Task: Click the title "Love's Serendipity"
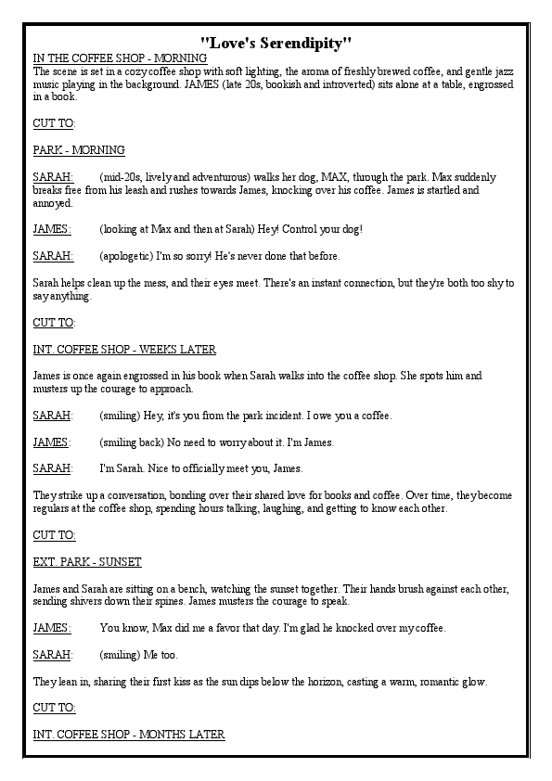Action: tap(276, 43)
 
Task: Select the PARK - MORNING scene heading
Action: tap(79, 150)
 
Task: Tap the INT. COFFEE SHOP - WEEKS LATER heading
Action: tap(124, 350)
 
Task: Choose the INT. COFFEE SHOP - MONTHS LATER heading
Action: tap(129, 735)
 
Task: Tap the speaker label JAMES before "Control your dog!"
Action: tap(52, 229)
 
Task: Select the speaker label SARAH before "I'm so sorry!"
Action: tap(52, 256)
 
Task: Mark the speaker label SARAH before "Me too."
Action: tap(52, 655)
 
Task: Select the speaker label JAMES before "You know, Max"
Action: tap(52, 628)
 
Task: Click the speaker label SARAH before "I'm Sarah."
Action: tap(52, 468)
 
